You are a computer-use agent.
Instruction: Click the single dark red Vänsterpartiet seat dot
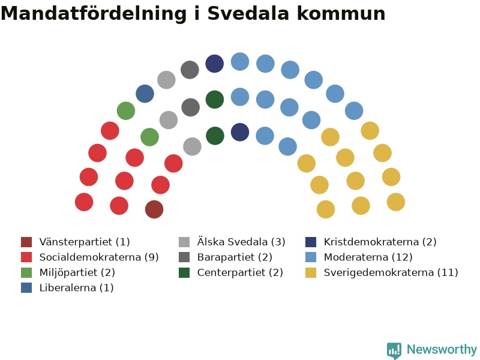click(154, 209)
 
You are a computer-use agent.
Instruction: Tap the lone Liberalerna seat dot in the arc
click(145, 94)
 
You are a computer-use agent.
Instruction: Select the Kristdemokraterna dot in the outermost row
click(214, 64)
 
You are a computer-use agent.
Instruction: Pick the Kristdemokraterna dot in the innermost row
click(239, 132)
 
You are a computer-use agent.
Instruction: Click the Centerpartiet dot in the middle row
click(215, 100)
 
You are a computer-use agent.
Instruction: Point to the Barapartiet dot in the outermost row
click(190, 70)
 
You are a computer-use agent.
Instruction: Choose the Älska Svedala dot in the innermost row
click(192, 146)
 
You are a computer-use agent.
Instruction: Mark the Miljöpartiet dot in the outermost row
click(126, 111)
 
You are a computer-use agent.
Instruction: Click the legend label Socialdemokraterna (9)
click(99, 257)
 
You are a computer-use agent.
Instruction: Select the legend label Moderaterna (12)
click(368, 257)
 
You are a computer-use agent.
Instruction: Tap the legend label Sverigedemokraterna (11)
click(391, 272)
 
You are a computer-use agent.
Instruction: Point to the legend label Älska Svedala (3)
click(241, 242)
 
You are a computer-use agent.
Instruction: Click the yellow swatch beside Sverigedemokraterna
click(311, 272)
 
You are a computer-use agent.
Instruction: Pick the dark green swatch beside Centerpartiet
click(184, 272)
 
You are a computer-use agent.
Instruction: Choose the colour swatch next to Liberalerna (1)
click(26, 288)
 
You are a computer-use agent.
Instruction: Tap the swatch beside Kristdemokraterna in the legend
click(311, 242)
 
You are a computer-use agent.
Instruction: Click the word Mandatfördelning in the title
click(94, 13)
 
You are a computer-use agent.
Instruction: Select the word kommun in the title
click(341, 14)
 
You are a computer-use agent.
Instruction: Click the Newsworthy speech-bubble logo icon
click(394, 350)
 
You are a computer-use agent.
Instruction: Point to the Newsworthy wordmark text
click(442, 349)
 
